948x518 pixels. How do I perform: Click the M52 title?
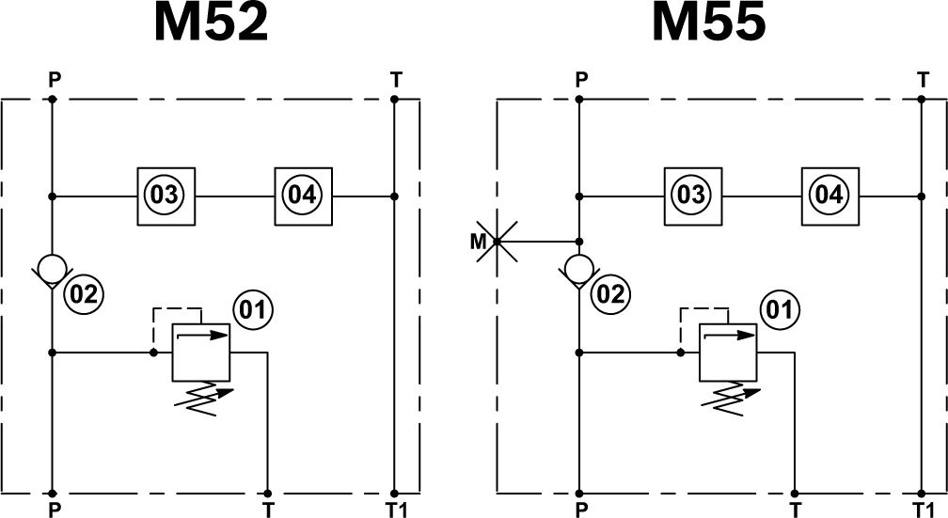tap(212, 24)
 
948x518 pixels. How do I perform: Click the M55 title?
tap(708, 24)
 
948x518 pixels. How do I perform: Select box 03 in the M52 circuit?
tap(165, 196)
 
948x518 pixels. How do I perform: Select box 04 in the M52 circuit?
tap(302, 196)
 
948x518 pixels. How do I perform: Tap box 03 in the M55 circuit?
tap(691, 196)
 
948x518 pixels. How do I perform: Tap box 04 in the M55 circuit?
tap(829, 196)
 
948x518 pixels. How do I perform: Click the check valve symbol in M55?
tap(579, 269)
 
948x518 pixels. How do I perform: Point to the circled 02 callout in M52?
tap(83, 295)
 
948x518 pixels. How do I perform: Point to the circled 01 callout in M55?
tap(780, 308)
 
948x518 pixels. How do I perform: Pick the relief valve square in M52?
tap(200, 353)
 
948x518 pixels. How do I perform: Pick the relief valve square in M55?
tap(727, 353)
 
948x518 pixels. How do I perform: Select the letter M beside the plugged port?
tap(478, 243)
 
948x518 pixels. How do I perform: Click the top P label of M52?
tap(54, 80)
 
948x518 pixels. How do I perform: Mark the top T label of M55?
tap(922, 80)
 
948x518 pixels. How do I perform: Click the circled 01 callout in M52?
tap(253, 308)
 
